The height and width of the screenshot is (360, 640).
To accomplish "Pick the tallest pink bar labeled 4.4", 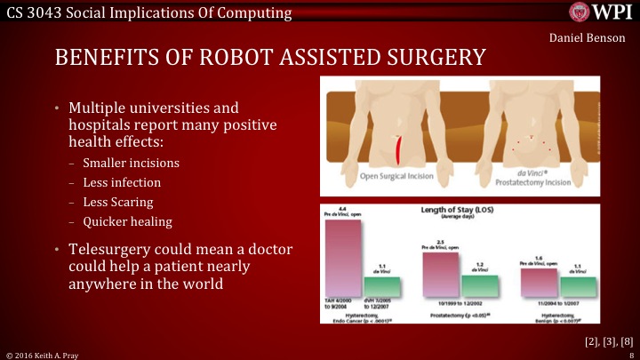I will click(x=342, y=258).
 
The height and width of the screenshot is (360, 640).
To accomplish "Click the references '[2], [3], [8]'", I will click(x=608, y=340).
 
